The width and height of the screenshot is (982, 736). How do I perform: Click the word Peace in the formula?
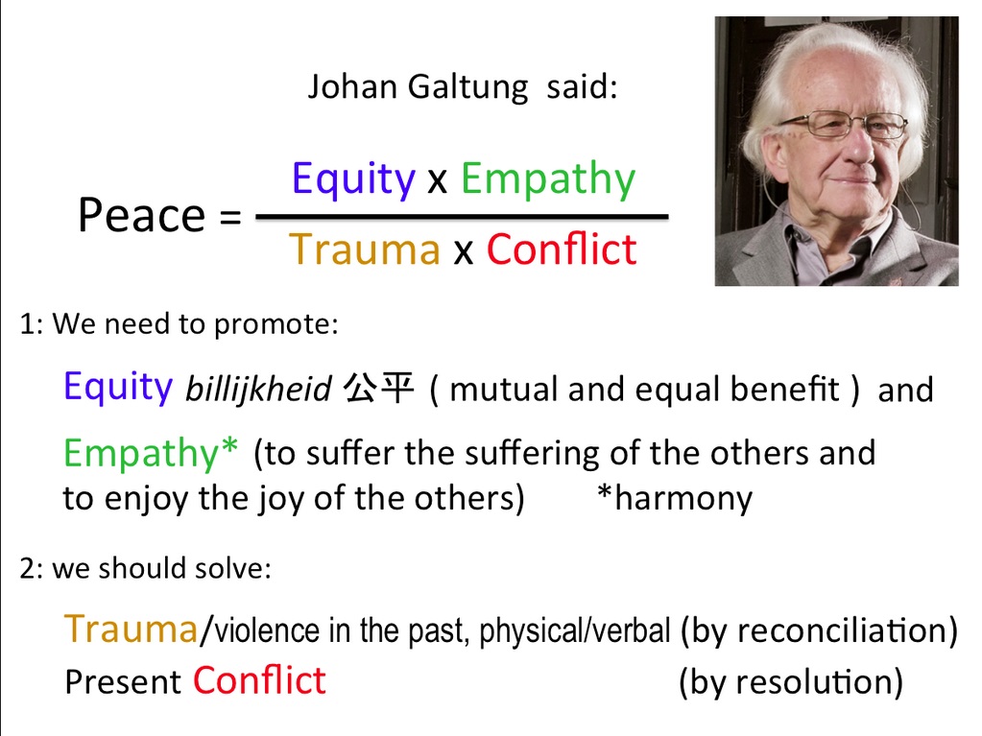[x=141, y=215]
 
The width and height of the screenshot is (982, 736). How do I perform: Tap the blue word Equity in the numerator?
[x=353, y=180]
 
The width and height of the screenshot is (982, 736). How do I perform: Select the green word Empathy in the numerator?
[x=548, y=180]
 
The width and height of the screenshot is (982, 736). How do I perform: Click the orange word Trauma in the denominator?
[x=365, y=249]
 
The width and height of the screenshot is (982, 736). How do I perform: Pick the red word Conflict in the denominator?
[x=562, y=249]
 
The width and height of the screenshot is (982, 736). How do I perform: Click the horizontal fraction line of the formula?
[x=462, y=217]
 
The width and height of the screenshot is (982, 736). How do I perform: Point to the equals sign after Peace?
[x=229, y=218]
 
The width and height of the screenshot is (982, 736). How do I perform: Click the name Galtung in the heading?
[x=467, y=87]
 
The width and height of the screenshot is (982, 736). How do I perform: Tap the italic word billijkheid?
[x=258, y=390]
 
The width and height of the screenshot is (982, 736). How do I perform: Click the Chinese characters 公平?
[x=379, y=388]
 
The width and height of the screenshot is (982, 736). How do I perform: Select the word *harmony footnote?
[x=675, y=499]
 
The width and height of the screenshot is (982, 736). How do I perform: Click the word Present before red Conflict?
[x=124, y=682]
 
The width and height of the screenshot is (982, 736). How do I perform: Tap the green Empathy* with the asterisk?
[x=151, y=453]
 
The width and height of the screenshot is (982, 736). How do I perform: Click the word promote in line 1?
[x=275, y=325]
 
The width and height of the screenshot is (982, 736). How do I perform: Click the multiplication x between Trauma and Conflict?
[x=463, y=252]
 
